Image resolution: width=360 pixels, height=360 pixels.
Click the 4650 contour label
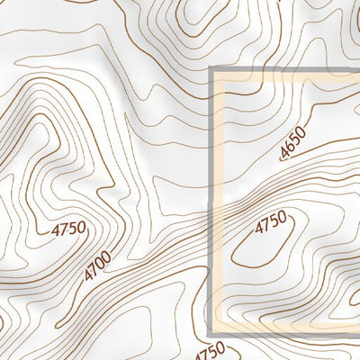click(293, 143)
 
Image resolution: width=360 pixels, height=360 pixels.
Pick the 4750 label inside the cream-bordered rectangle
click(270, 222)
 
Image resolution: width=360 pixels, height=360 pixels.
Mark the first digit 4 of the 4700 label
click(88, 274)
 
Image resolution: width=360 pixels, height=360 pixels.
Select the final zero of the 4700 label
click(106, 256)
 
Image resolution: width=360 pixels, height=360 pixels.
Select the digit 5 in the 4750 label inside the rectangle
click(274, 220)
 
